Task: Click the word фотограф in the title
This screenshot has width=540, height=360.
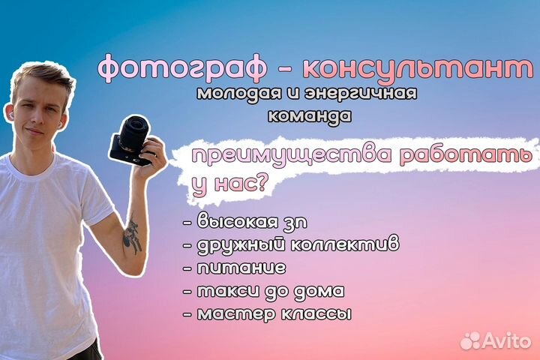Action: tap(184, 70)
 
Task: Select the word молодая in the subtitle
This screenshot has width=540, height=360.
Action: tap(232, 95)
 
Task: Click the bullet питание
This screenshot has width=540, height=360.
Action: tap(236, 267)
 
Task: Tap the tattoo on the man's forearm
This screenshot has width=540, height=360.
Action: tap(133, 235)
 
